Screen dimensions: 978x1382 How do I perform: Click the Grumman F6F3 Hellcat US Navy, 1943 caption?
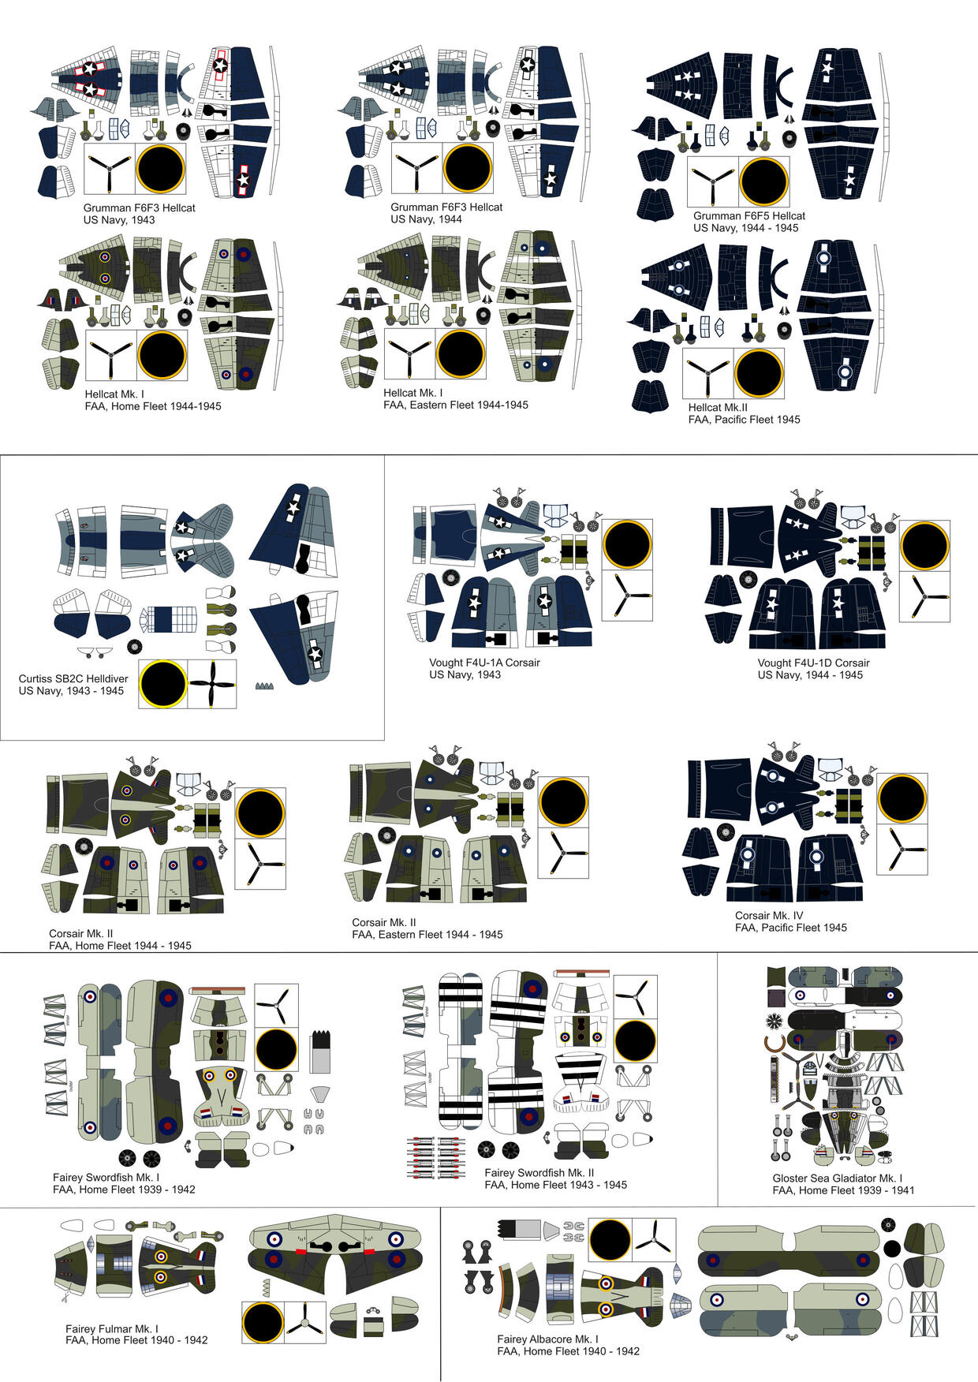[139, 214]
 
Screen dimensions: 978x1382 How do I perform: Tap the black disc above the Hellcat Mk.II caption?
[759, 374]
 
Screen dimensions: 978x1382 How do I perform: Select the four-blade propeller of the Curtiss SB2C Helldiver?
[212, 684]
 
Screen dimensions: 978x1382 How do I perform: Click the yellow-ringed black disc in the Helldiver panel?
[162, 684]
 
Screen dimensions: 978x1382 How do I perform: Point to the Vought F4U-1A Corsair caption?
[484, 669]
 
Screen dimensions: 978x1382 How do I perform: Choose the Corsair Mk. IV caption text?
[790, 921]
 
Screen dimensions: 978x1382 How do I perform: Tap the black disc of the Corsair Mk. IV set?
[902, 798]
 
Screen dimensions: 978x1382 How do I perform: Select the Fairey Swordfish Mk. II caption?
[555, 1178]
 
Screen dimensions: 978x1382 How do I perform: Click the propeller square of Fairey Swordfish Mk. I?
[276, 1006]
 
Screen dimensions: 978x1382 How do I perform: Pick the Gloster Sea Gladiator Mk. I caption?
[843, 1184]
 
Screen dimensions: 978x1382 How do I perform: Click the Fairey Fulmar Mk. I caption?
[136, 1334]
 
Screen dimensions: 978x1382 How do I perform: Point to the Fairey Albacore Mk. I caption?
[568, 1345]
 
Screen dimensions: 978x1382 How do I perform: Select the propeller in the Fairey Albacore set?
[654, 1240]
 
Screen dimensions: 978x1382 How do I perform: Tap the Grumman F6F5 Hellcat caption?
[749, 222]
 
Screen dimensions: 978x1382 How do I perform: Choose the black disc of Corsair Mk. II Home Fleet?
[260, 812]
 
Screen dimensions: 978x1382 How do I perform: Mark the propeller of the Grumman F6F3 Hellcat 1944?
[416, 168]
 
